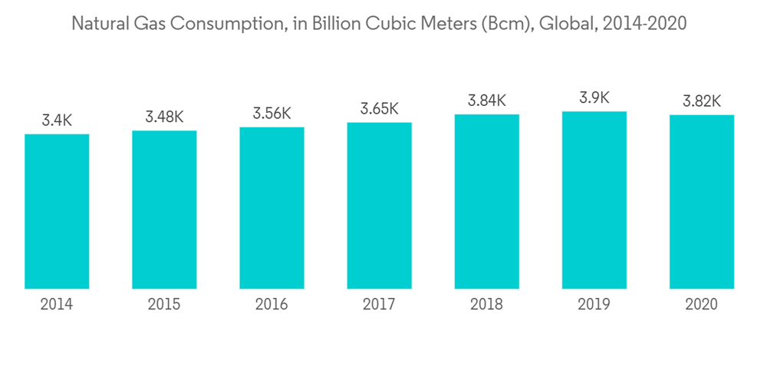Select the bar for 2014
(x=57, y=212)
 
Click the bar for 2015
(x=164, y=210)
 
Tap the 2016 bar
(x=272, y=208)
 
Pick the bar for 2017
(x=379, y=206)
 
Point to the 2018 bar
(x=486, y=202)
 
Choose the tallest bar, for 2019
(x=594, y=200)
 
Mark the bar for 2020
(x=701, y=202)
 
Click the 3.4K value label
(x=57, y=120)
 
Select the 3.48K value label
(x=164, y=117)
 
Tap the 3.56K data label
(x=272, y=114)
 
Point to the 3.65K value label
(x=379, y=108)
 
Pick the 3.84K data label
(x=486, y=101)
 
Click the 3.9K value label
(x=594, y=98)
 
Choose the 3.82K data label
(x=701, y=101)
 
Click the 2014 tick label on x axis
(x=57, y=305)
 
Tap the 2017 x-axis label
(x=379, y=305)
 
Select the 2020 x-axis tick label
(x=701, y=305)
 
